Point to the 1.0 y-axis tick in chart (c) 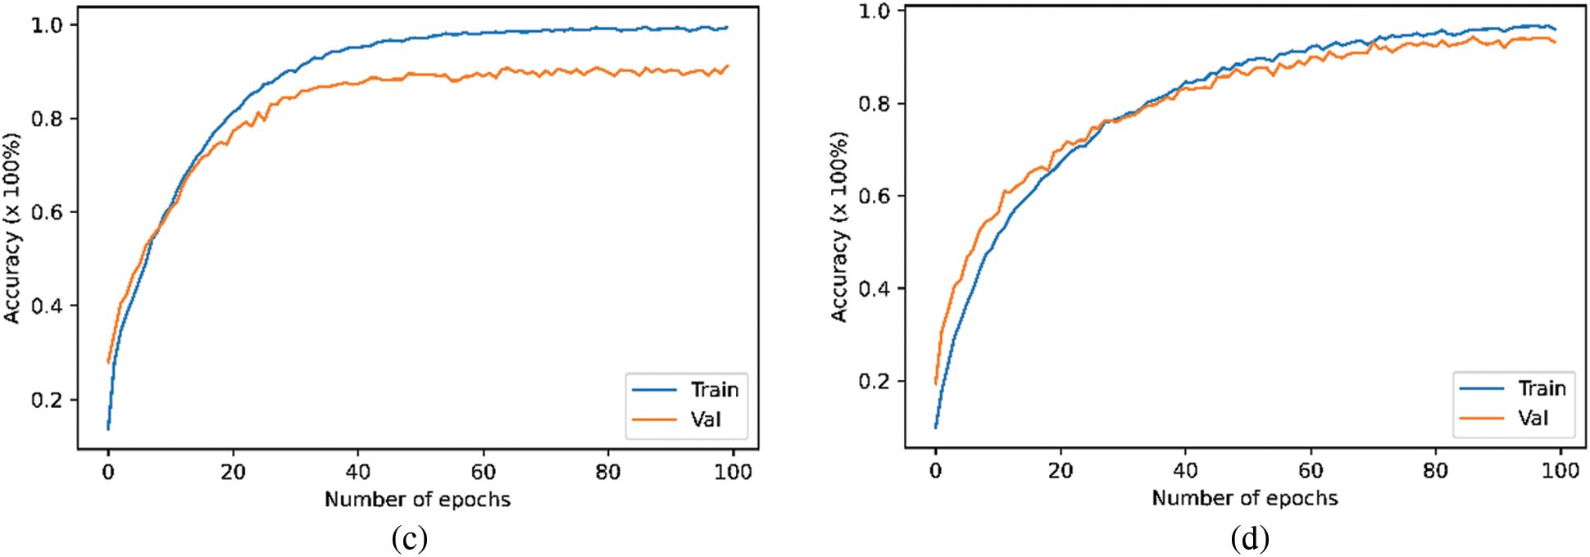(47, 25)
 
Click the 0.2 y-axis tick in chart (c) (47, 400)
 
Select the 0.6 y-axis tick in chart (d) (874, 196)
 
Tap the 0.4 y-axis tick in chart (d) (874, 288)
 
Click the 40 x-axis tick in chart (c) (357, 472)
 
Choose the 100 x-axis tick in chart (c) (733, 472)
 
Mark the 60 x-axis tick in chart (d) (1310, 470)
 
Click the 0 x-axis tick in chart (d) (935, 470)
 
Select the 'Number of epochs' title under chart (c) (417, 499)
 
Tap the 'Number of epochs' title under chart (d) (1244, 497)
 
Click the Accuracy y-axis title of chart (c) (12, 228)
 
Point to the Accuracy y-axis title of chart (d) (839, 226)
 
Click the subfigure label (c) (409, 538)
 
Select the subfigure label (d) (1249, 538)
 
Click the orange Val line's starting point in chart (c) (108, 362)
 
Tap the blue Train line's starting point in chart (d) (935, 427)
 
